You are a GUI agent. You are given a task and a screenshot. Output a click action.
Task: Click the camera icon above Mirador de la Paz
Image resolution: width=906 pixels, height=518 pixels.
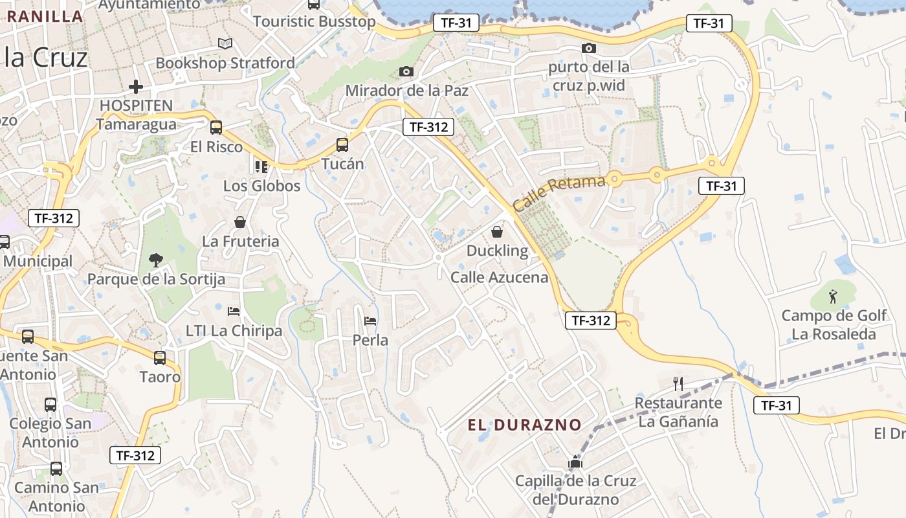(406, 71)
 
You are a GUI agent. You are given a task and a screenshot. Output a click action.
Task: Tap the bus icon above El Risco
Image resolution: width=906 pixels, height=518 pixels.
(216, 128)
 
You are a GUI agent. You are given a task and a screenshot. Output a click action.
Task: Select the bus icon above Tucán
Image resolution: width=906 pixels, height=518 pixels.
(342, 145)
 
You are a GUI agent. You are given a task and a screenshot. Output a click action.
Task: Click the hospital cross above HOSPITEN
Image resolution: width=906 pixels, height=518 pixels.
(136, 86)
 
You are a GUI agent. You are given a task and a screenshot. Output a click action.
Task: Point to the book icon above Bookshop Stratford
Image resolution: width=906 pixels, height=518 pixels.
(225, 43)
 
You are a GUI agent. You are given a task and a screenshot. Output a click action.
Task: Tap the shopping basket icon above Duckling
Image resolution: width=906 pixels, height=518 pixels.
(497, 231)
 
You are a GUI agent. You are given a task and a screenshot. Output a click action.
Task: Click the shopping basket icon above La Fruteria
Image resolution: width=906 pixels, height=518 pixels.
(240, 222)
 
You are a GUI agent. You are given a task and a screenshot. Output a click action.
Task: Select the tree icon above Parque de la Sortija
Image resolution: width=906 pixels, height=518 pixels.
(155, 260)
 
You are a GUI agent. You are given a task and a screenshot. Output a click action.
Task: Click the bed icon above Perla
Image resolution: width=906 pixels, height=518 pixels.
(370, 321)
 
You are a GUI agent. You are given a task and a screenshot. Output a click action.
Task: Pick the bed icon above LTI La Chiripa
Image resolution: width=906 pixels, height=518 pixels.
(234, 311)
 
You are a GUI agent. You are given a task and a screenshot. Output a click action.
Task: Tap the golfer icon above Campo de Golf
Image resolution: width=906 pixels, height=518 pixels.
(833, 297)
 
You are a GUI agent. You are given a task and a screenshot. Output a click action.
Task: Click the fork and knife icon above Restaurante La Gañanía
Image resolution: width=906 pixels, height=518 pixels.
(678, 384)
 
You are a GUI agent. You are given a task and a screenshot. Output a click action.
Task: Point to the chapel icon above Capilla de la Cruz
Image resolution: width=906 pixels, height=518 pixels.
(575, 462)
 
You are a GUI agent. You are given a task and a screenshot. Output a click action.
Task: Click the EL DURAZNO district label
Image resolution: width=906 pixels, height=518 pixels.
(525, 425)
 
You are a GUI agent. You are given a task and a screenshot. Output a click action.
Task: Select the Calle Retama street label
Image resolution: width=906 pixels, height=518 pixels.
(560, 192)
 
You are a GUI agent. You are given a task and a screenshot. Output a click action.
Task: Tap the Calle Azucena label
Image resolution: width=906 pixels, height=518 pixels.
(500, 278)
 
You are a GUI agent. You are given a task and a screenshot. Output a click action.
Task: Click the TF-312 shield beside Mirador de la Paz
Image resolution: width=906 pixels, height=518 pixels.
(428, 127)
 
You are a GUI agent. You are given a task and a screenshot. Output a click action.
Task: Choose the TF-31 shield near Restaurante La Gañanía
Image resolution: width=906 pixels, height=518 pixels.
(777, 406)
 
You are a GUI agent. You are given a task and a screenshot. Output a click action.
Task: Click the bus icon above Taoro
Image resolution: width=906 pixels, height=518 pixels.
(160, 357)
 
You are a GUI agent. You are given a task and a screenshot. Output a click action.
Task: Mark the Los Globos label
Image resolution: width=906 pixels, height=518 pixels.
(262, 186)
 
